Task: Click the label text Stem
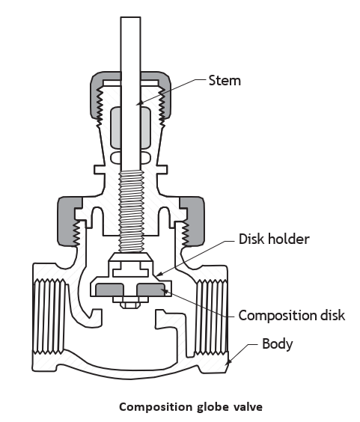pos(225,81)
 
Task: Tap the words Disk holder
pos(274,239)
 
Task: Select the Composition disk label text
pos(292,315)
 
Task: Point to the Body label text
pos(278,343)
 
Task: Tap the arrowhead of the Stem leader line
pos(138,104)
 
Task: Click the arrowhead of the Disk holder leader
pos(159,274)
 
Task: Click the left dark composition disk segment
pos(109,290)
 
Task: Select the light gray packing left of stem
pos(116,127)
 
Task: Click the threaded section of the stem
pos(130,212)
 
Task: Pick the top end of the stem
pos(130,17)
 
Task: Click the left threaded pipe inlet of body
pos(49,316)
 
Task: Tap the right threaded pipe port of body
pos(212,316)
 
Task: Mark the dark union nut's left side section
pos(69,221)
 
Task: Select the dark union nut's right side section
pos(192,221)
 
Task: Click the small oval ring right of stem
pos(145,158)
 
